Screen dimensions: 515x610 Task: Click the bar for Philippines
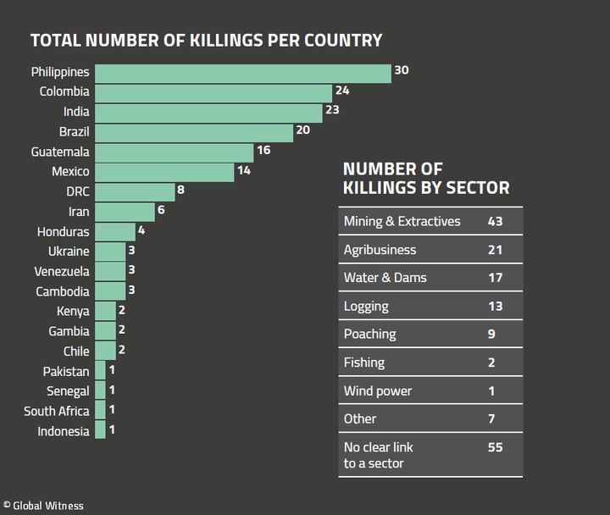[x=242, y=72]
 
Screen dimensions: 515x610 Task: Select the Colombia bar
[x=213, y=92]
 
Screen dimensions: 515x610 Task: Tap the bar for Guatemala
[x=174, y=152]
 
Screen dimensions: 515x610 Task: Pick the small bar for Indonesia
[x=100, y=431]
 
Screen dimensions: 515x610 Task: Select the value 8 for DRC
[x=180, y=190]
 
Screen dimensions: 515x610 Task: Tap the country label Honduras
[x=64, y=231]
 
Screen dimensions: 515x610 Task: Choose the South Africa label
[x=56, y=411]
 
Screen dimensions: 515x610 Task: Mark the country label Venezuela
[x=62, y=272]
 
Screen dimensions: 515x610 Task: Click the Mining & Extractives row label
[x=402, y=221]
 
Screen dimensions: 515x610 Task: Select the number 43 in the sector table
[x=496, y=221]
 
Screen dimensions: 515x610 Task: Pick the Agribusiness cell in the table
[x=380, y=250]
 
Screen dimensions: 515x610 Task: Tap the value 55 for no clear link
[x=496, y=446]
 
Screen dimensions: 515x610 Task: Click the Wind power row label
[x=378, y=391]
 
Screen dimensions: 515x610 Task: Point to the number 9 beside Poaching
[x=491, y=335]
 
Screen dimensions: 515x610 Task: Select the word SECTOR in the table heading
[x=478, y=188]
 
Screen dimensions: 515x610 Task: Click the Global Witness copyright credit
[x=43, y=506]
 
